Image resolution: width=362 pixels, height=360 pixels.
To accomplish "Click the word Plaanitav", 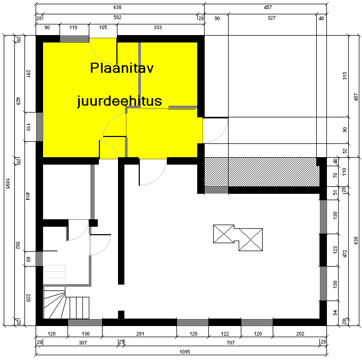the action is point(122,68).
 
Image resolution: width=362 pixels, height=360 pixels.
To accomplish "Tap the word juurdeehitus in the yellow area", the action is point(120,101).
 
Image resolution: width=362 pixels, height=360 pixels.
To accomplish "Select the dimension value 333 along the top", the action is point(158,28).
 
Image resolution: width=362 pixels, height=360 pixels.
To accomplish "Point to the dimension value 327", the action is point(272,18).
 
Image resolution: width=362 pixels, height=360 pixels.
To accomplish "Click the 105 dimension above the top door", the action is point(103,28).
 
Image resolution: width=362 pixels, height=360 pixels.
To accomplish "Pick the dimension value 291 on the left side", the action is point(28,74).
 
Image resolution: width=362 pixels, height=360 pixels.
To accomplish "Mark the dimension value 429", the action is point(18,101).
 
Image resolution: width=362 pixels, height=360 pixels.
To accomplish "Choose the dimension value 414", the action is point(28,196).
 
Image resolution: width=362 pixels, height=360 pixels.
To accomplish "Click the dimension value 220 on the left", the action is point(28,298).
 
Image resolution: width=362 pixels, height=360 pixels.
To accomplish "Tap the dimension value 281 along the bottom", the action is point(140,333).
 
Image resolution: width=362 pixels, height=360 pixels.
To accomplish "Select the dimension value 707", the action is point(231,342).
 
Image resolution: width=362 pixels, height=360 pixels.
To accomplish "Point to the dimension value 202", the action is point(300,333).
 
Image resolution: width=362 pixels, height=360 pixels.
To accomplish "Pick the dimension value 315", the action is point(344,76).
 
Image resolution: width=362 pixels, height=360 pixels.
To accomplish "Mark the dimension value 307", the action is point(83,342).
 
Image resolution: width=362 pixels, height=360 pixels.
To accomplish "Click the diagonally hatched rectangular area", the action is point(262,172).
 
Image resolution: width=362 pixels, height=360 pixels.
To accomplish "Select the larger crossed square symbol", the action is point(250,239).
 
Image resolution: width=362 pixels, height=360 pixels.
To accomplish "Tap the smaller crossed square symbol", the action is point(224,234).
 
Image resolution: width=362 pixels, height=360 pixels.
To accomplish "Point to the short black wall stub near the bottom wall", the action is point(121,315).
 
